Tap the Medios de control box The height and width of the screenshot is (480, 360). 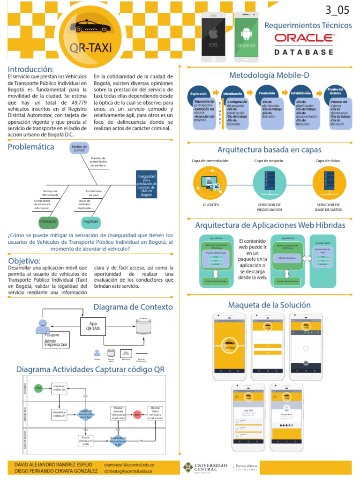79,148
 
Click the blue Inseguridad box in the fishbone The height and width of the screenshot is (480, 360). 146,184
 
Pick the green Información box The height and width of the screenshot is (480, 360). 48,221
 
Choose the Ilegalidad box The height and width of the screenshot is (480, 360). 90,221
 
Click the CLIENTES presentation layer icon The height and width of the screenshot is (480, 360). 210,183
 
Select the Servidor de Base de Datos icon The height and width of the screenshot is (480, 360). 329,183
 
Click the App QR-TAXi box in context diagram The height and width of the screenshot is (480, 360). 93,326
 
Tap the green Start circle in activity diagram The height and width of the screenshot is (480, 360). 38,388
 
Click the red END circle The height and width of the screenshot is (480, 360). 137,415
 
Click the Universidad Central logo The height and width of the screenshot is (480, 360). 205,467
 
